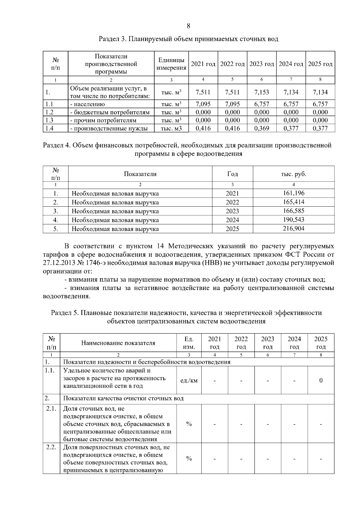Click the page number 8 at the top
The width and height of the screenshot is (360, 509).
click(x=188, y=26)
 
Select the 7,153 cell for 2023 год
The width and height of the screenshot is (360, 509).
click(x=262, y=92)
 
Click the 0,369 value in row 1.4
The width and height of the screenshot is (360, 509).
click(x=262, y=129)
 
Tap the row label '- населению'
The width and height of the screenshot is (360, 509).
click(x=87, y=104)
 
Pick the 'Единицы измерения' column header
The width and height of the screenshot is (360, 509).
click(x=171, y=64)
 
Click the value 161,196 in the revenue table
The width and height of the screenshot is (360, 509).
click(x=293, y=193)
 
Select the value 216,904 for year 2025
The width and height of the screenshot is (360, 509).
click(x=293, y=229)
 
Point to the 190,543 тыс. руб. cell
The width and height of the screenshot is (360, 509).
click(x=293, y=220)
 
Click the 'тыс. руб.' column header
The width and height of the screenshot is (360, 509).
click(x=293, y=174)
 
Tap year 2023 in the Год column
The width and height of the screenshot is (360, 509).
click(x=232, y=211)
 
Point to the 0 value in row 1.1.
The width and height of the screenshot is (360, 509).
click(x=321, y=381)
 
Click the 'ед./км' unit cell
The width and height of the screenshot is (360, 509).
click(x=189, y=381)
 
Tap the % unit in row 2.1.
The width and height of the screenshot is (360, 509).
click(x=189, y=424)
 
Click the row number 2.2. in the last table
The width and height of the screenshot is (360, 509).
click(x=51, y=447)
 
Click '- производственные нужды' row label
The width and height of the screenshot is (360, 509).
click(x=109, y=129)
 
